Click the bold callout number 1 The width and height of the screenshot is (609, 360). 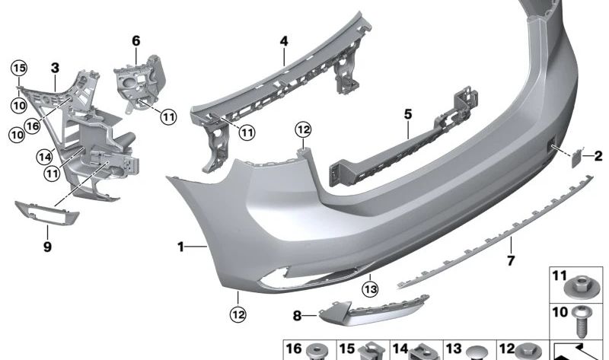180,247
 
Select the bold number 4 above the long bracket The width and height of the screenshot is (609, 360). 284,41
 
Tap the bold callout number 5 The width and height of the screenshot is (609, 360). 407,114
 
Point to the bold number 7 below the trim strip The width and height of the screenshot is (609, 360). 511,260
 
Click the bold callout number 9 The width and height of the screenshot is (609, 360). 47,247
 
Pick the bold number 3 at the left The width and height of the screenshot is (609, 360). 55,68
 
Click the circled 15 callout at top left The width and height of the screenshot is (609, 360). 18,68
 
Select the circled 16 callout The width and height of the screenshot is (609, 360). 32,126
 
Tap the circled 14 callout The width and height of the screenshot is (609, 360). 44,157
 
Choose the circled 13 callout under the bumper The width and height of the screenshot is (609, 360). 370,289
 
